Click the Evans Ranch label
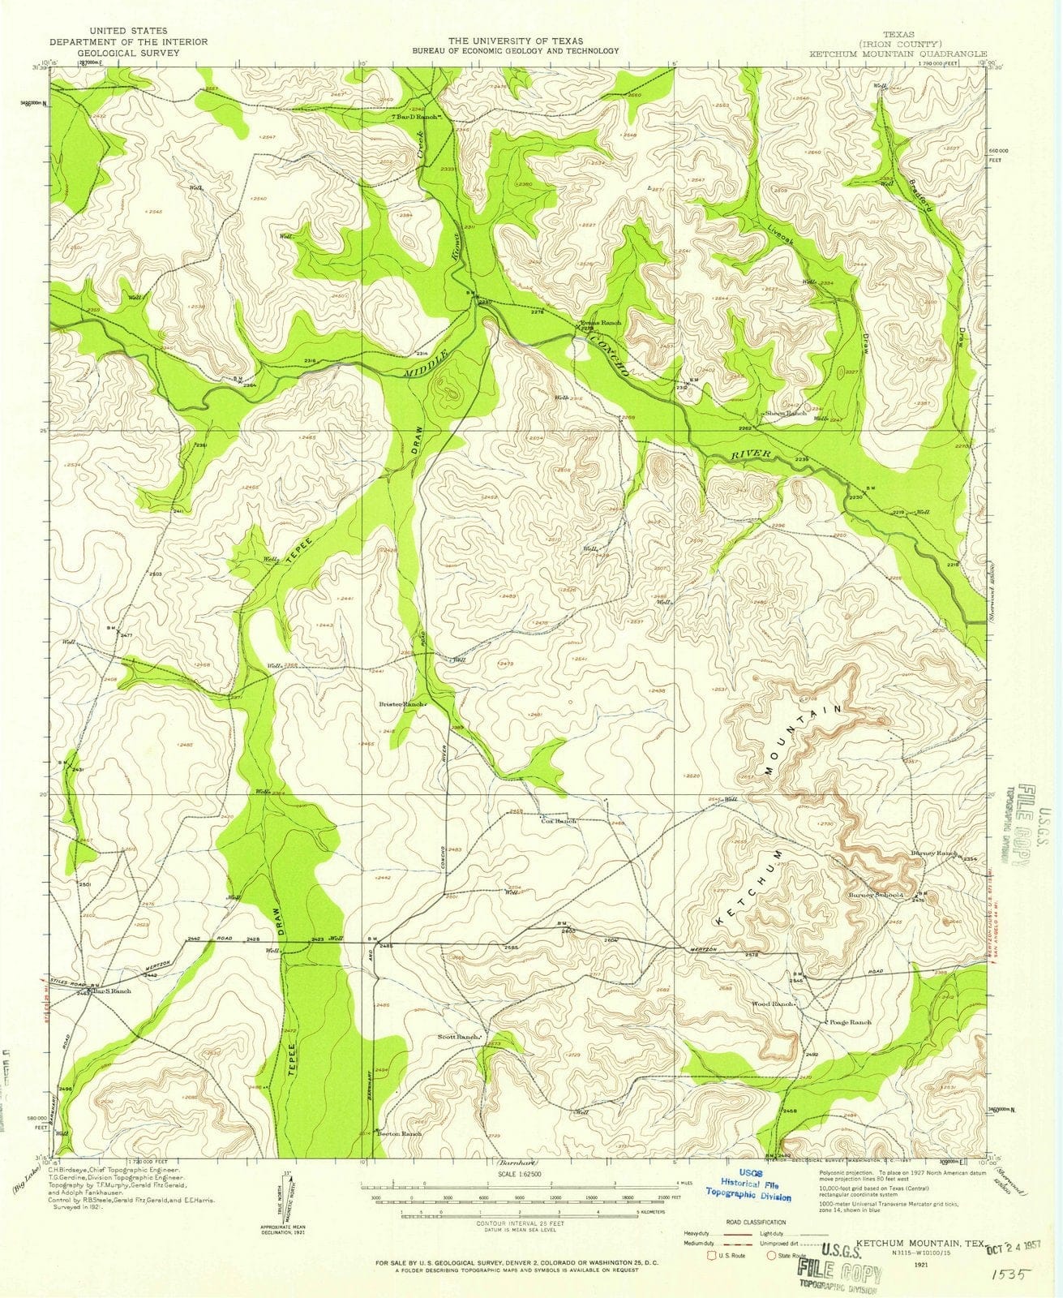602,322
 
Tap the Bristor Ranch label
403,704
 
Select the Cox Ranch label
559,821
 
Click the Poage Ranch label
850,1022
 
